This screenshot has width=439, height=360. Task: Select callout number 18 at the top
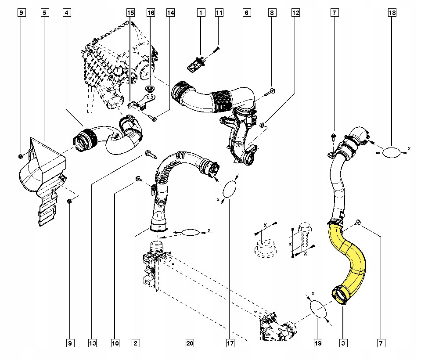click(x=392, y=13)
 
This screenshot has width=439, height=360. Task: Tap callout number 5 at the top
click(x=45, y=13)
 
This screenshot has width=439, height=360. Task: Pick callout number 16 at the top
click(x=151, y=13)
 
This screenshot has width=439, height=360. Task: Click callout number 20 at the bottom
click(x=190, y=343)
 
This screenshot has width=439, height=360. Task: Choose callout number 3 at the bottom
click(x=343, y=343)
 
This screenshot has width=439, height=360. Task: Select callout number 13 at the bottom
click(x=92, y=343)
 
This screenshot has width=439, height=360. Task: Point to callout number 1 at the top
click(x=201, y=13)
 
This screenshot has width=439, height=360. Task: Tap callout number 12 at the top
click(x=295, y=13)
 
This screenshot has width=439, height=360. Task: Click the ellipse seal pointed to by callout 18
click(x=392, y=153)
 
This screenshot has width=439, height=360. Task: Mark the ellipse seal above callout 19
click(x=318, y=310)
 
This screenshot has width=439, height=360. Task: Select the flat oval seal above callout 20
click(x=191, y=232)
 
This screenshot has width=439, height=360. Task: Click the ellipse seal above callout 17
click(x=229, y=189)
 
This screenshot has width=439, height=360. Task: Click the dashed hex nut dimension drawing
click(x=263, y=248)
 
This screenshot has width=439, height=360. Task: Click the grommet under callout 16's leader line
click(x=150, y=89)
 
